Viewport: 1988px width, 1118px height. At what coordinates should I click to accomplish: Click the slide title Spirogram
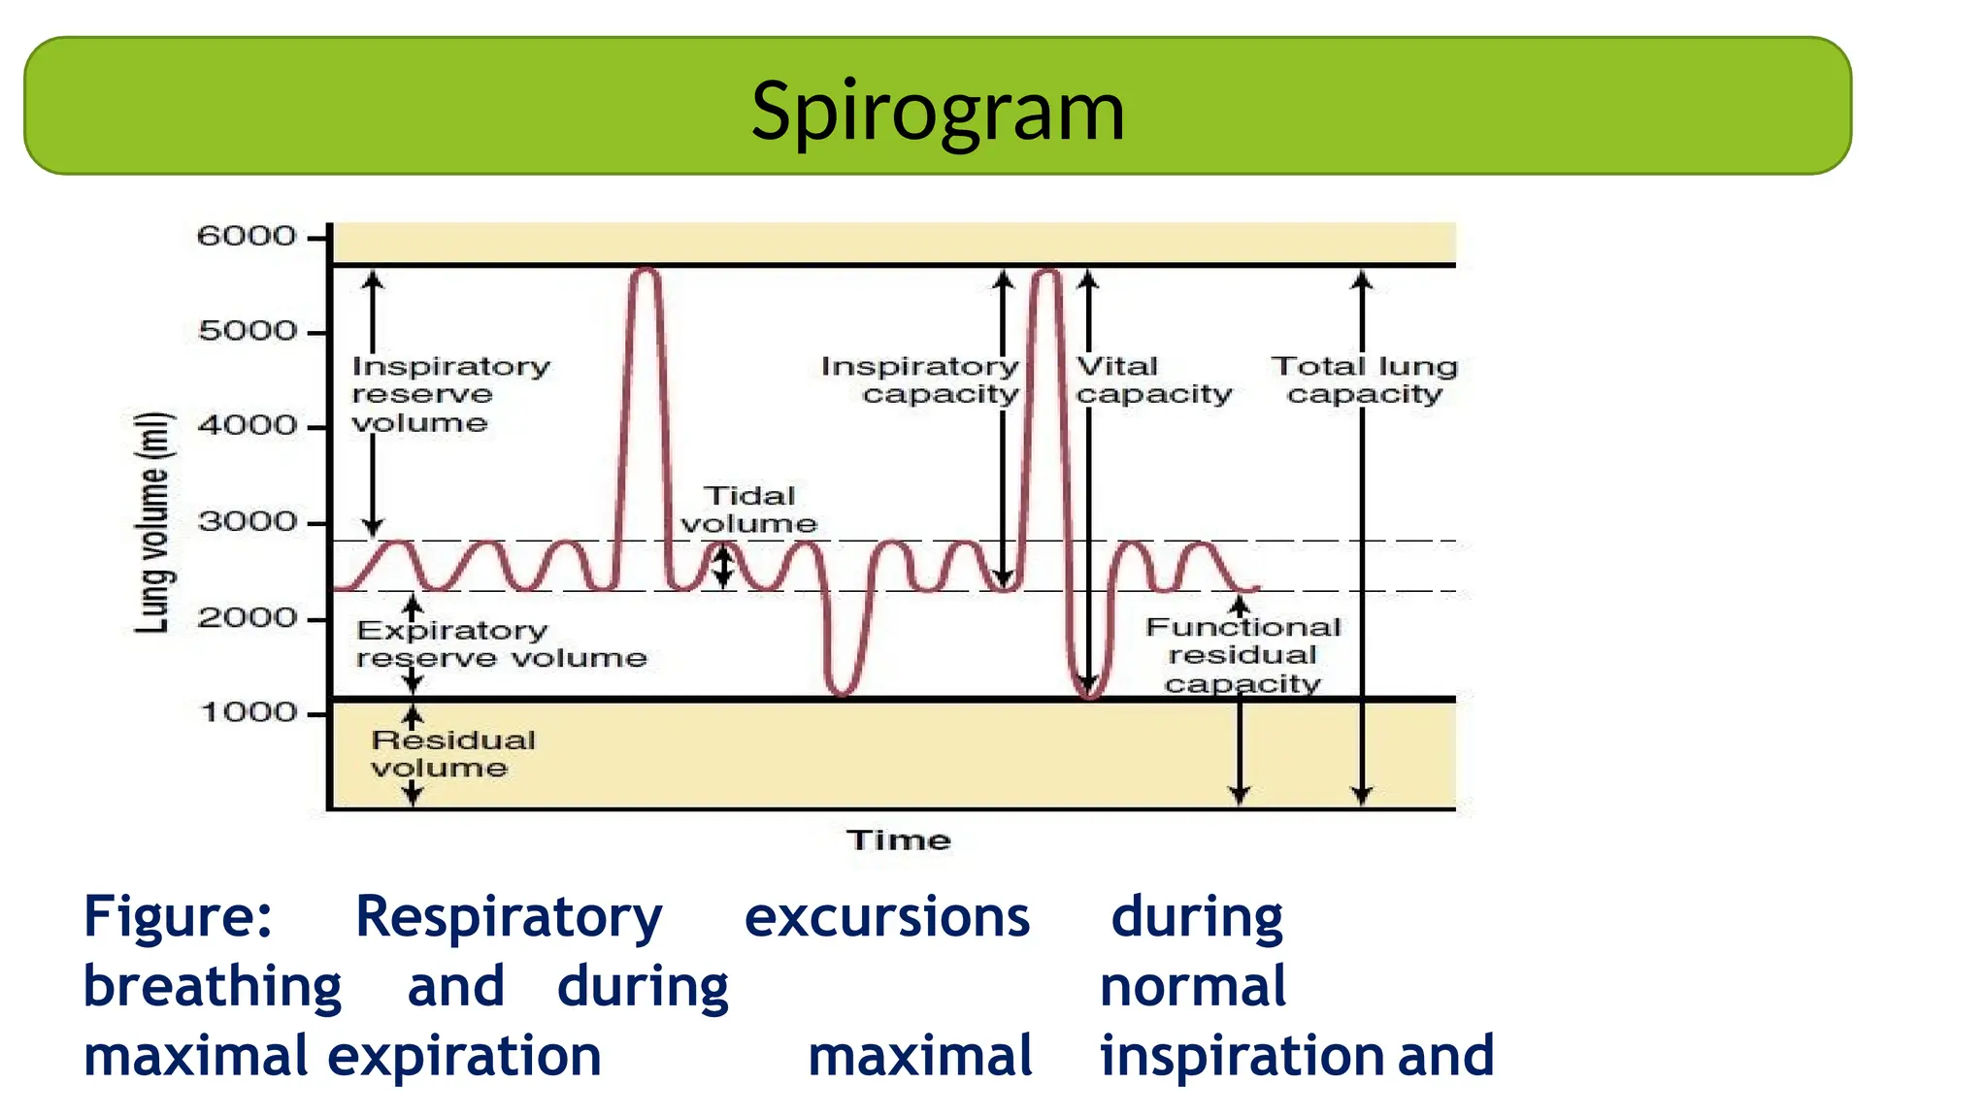[938, 111]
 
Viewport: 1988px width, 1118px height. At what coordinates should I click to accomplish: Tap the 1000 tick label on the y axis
[248, 713]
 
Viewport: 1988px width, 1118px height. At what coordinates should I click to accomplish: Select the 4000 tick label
[247, 426]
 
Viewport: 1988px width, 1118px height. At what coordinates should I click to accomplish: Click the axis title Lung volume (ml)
[153, 522]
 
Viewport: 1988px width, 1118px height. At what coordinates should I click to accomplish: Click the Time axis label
[898, 840]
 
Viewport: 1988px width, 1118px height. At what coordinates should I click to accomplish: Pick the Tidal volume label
[748, 510]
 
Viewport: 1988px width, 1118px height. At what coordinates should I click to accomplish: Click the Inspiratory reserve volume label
[449, 395]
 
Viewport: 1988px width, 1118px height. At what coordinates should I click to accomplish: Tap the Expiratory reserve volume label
[500, 644]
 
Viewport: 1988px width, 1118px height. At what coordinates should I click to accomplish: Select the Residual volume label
[452, 754]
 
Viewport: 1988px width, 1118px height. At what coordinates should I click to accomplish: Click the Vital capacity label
[1153, 380]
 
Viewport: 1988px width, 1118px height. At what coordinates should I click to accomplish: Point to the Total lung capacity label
[1364, 380]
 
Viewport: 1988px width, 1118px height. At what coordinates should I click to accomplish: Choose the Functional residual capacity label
[1242, 655]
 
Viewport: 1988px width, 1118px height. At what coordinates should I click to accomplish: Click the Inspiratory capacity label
[920, 380]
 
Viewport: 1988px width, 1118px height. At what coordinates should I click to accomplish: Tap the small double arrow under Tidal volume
[722, 566]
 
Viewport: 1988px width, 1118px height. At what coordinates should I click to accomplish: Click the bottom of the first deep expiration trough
[842, 693]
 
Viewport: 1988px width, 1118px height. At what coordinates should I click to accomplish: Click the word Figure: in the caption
[178, 917]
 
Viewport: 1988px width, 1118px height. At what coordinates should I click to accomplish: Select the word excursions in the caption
[886, 917]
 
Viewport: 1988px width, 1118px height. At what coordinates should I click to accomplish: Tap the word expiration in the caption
[464, 1057]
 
